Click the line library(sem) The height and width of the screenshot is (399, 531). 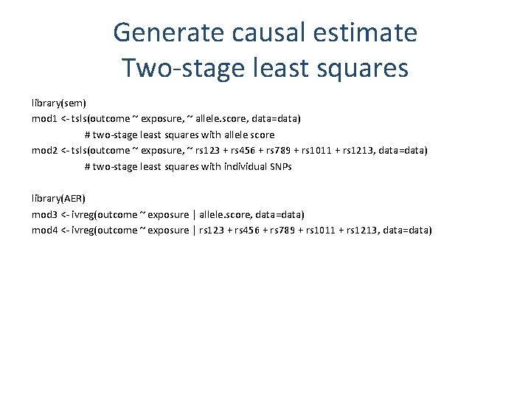59,103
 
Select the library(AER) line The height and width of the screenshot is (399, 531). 59,199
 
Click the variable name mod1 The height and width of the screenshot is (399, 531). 44,119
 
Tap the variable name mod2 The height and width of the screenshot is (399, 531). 44,151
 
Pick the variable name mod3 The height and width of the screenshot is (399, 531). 44,215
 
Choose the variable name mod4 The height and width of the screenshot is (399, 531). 44,231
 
